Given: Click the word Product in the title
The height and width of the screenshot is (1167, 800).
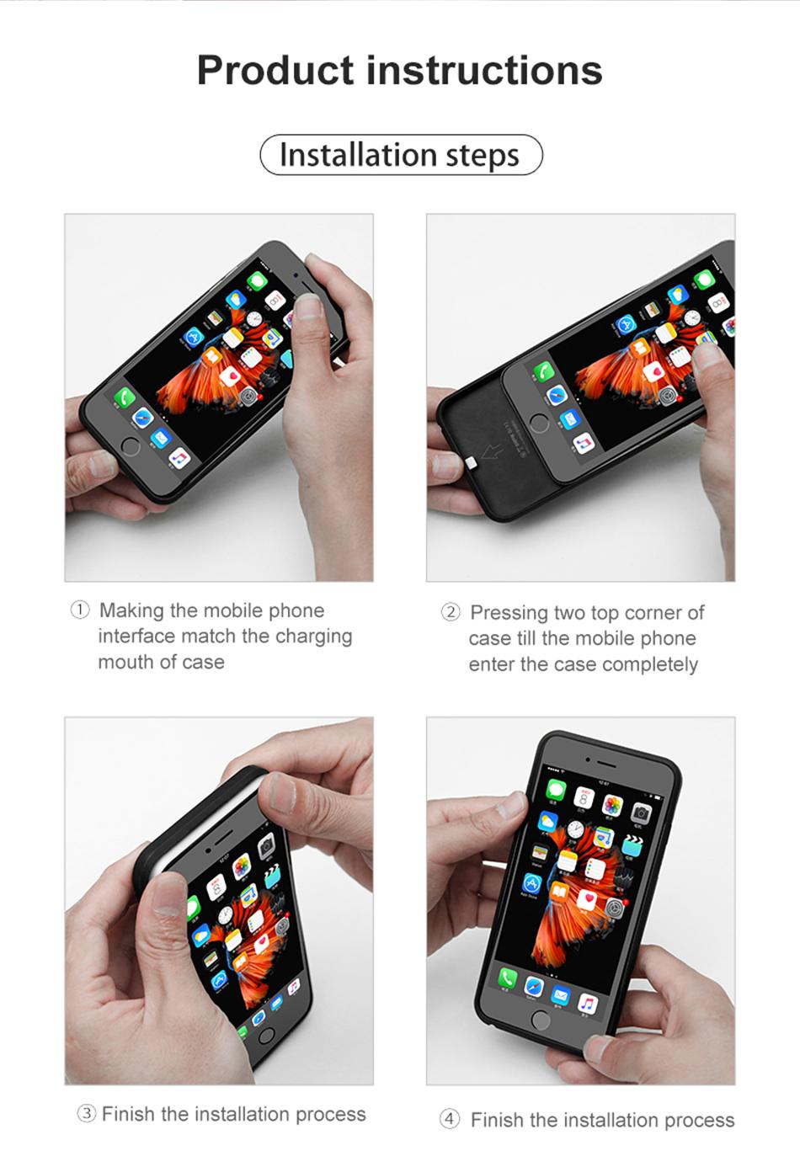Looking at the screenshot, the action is [x=275, y=71].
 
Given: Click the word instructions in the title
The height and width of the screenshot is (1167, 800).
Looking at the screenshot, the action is [x=485, y=71].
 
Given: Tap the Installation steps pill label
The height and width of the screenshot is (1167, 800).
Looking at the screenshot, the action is [x=400, y=155].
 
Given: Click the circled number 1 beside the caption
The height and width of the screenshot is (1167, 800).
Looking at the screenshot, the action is [x=80, y=610].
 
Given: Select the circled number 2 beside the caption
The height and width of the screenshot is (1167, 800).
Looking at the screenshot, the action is [x=451, y=612].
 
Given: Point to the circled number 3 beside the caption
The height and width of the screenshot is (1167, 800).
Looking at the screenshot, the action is [x=87, y=1114].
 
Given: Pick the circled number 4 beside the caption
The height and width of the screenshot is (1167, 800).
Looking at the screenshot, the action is [x=450, y=1119].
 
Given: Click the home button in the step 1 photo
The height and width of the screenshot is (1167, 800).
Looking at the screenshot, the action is [x=130, y=447].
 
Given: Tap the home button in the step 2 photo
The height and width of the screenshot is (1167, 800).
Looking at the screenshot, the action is [x=539, y=423].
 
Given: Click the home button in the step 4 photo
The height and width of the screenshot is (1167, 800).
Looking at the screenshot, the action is [x=540, y=1020].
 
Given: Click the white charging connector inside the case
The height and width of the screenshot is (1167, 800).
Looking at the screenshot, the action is [x=472, y=461].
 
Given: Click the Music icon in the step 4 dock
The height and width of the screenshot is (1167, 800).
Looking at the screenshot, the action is [x=588, y=1004].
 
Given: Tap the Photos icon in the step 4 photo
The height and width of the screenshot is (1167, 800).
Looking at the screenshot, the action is [x=612, y=804].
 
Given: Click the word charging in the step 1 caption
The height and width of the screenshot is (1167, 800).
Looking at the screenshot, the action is [x=314, y=637].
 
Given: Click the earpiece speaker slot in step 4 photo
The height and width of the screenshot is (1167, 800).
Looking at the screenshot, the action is [x=606, y=763].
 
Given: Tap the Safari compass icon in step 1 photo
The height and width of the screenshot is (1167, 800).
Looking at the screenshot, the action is [x=142, y=418].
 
